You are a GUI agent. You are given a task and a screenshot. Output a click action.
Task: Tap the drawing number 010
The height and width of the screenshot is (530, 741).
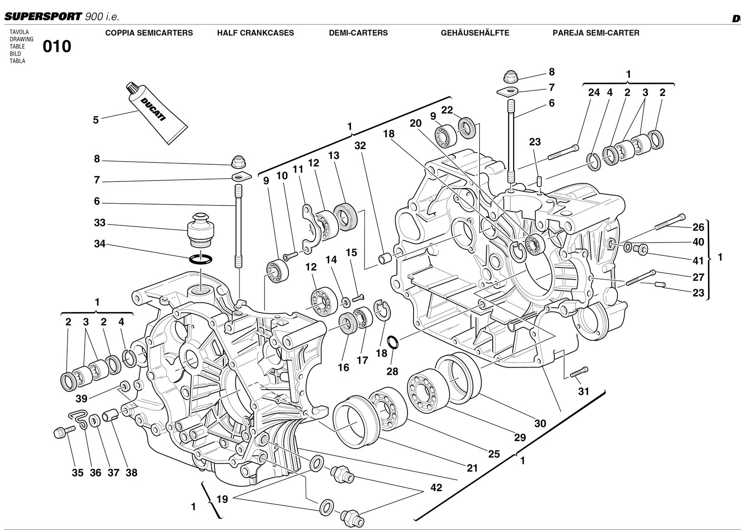tap(57, 47)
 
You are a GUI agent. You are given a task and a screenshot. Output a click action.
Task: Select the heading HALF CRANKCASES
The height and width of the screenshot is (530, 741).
tap(255, 33)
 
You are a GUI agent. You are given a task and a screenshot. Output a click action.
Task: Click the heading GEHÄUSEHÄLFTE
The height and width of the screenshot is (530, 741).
tap(475, 33)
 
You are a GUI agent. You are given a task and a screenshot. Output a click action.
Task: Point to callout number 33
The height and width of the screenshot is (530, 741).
tap(100, 223)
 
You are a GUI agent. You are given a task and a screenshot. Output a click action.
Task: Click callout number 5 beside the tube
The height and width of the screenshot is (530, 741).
tap(96, 120)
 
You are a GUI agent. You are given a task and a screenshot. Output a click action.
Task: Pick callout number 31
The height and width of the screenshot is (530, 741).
tap(584, 391)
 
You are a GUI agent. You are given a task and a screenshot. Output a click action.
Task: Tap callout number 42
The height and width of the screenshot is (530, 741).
tap(436, 487)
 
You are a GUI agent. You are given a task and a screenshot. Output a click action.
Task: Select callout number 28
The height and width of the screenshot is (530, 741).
tap(392, 372)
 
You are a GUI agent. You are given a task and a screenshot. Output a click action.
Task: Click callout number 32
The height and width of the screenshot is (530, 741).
tap(360, 146)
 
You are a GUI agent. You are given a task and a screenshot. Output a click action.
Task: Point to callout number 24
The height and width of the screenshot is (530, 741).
tap(594, 93)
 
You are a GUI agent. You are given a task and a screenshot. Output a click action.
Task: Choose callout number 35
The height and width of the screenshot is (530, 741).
tap(77, 473)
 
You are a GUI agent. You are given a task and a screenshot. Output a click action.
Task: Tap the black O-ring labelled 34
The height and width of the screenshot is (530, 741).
tap(201, 259)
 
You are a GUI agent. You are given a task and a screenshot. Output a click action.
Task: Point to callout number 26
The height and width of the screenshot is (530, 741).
tap(698, 227)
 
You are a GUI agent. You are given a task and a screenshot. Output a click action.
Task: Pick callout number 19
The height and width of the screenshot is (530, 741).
tap(222, 499)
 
